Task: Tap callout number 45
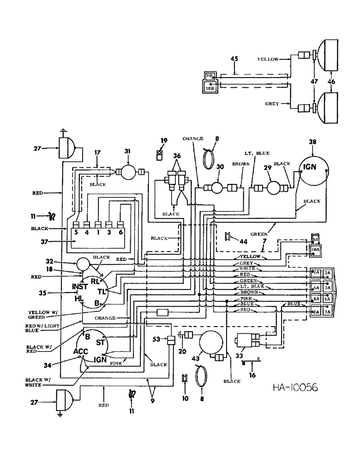(x=234, y=58)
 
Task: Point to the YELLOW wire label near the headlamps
(x=268, y=59)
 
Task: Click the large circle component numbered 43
(x=210, y=345)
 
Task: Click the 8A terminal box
(x=316, y=312)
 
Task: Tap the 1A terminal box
(x=316, y=273)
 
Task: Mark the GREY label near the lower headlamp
(x=272, y=104)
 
